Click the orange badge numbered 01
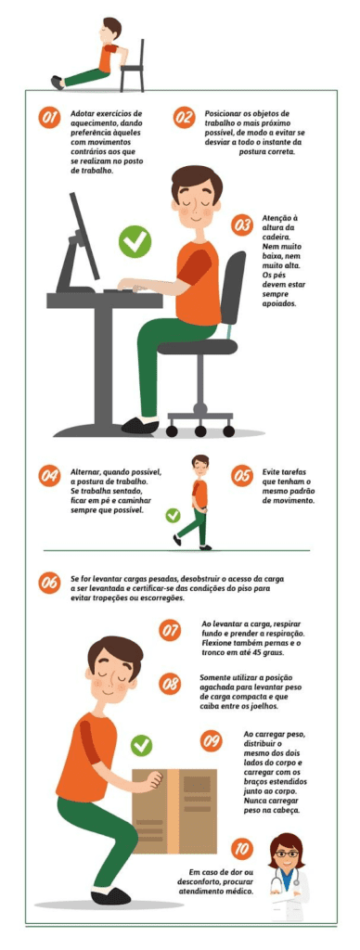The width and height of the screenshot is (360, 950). [x=50, y=118]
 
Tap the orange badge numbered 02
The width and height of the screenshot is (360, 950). [x=184, y=118]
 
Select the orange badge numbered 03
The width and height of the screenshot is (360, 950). [x=242, y=225]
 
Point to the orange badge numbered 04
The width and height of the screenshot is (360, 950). [x=49, y=475]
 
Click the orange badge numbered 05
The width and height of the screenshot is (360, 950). [x=241, y=475]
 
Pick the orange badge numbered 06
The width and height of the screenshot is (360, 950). [x=49, y=584]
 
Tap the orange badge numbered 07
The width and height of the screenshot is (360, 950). [x=171, y=631]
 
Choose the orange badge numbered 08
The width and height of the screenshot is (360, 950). [x=171, y=685]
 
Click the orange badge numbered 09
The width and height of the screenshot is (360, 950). [x=212, y=740]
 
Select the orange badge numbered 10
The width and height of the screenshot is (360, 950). [x=240, y=848]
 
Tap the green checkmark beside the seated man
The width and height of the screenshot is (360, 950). [x=135, y=243]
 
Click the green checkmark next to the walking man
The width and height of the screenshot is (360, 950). [x=173, y=515]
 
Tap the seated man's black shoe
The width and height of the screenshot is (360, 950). [x=139, y=426]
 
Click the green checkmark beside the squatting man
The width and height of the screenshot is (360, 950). [x=141, y=745]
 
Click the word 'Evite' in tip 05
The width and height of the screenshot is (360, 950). [x=272, y=471]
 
